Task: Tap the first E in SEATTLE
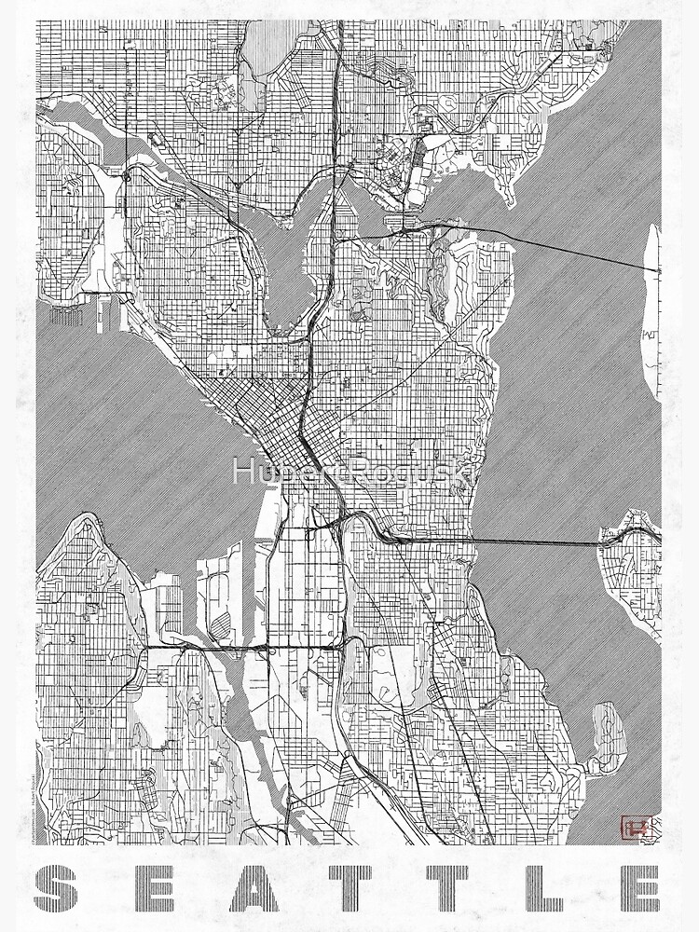coord(158,889)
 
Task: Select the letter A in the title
coord(253,889)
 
